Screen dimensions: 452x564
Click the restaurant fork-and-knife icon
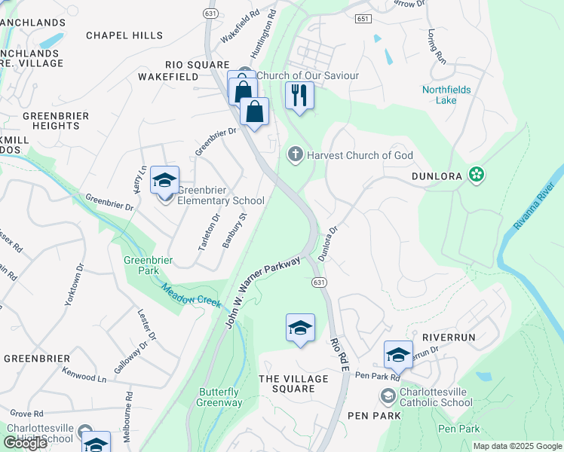click(x=299, y=95)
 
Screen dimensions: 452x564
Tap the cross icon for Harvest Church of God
click(x=295, y=155)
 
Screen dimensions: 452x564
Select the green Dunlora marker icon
click(x=476, y=176)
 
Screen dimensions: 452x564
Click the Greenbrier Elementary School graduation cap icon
click(x=164, y=181)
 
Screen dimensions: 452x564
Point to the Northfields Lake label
click(x=446, y=95)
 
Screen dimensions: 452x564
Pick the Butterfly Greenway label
click(x=220, y=397)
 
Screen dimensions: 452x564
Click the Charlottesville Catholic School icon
click(x=388, y=395)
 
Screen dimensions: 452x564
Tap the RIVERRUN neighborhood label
click(x=449, y=337)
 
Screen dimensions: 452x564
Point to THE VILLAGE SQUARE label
click(x=287, y=383)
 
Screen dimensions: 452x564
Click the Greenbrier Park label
click(x=149, y=265)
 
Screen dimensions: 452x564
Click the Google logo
click(x=25, y=443)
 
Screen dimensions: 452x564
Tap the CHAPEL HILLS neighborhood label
click(x=124, y=35)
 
